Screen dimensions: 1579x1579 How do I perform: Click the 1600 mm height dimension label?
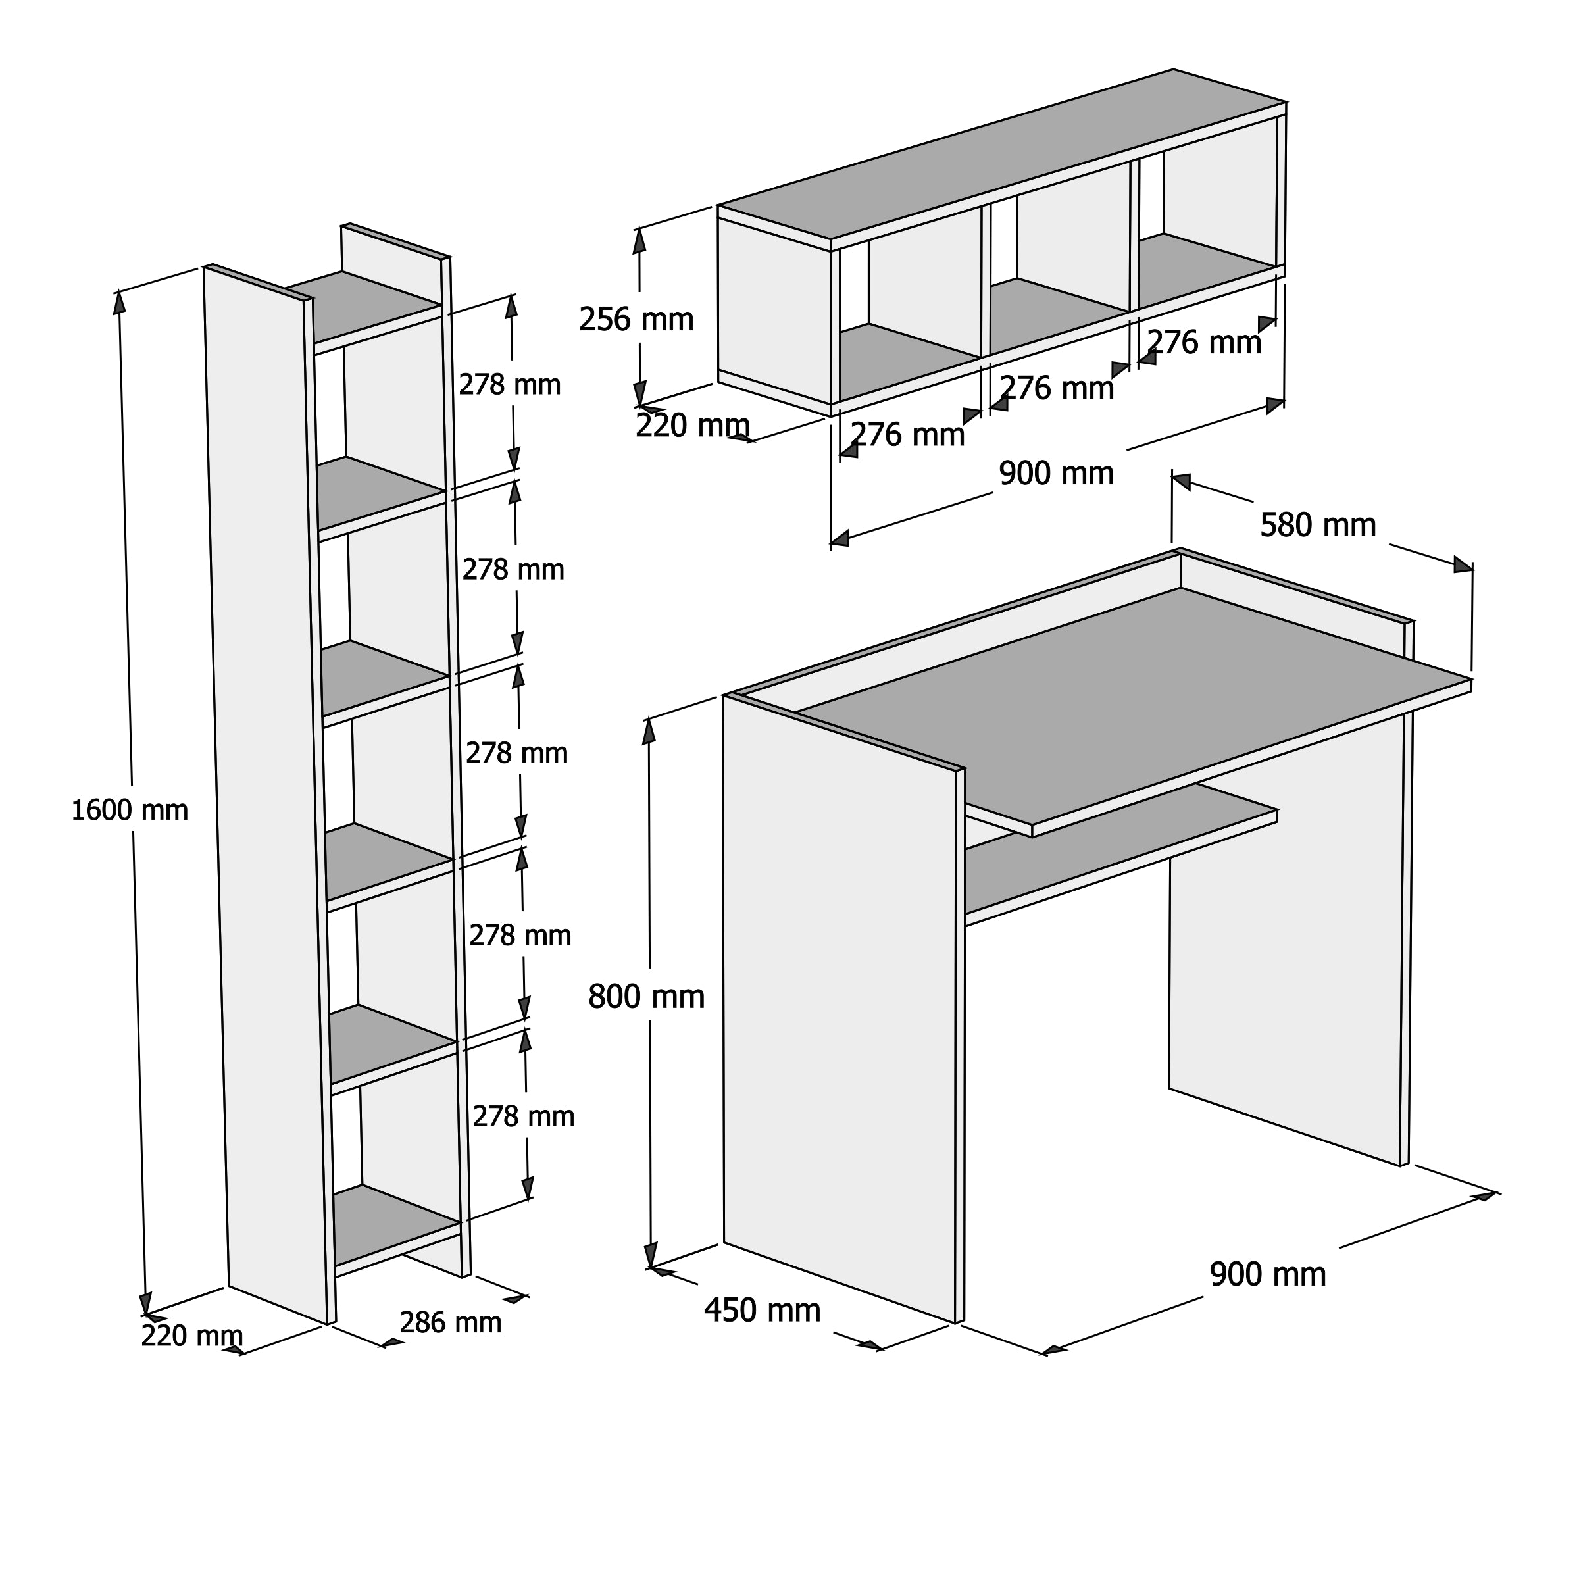point(130,811)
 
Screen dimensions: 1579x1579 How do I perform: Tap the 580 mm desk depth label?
point(1317,526)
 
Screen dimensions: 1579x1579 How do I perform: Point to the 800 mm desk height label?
point(645,997)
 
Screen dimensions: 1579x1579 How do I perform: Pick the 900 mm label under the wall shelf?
point(1056,473)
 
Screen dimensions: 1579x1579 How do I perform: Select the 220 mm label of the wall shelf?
point(692,426)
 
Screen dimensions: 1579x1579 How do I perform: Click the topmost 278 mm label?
point(509,385)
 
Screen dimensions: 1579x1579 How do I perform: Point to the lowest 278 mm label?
point(523,1116)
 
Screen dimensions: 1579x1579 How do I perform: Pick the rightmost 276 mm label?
point(1205,342)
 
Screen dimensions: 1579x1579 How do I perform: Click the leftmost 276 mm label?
point(908,435)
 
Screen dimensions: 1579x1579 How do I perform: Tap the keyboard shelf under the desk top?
point(1120,854)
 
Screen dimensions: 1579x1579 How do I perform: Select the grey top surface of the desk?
point(1136,703)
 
